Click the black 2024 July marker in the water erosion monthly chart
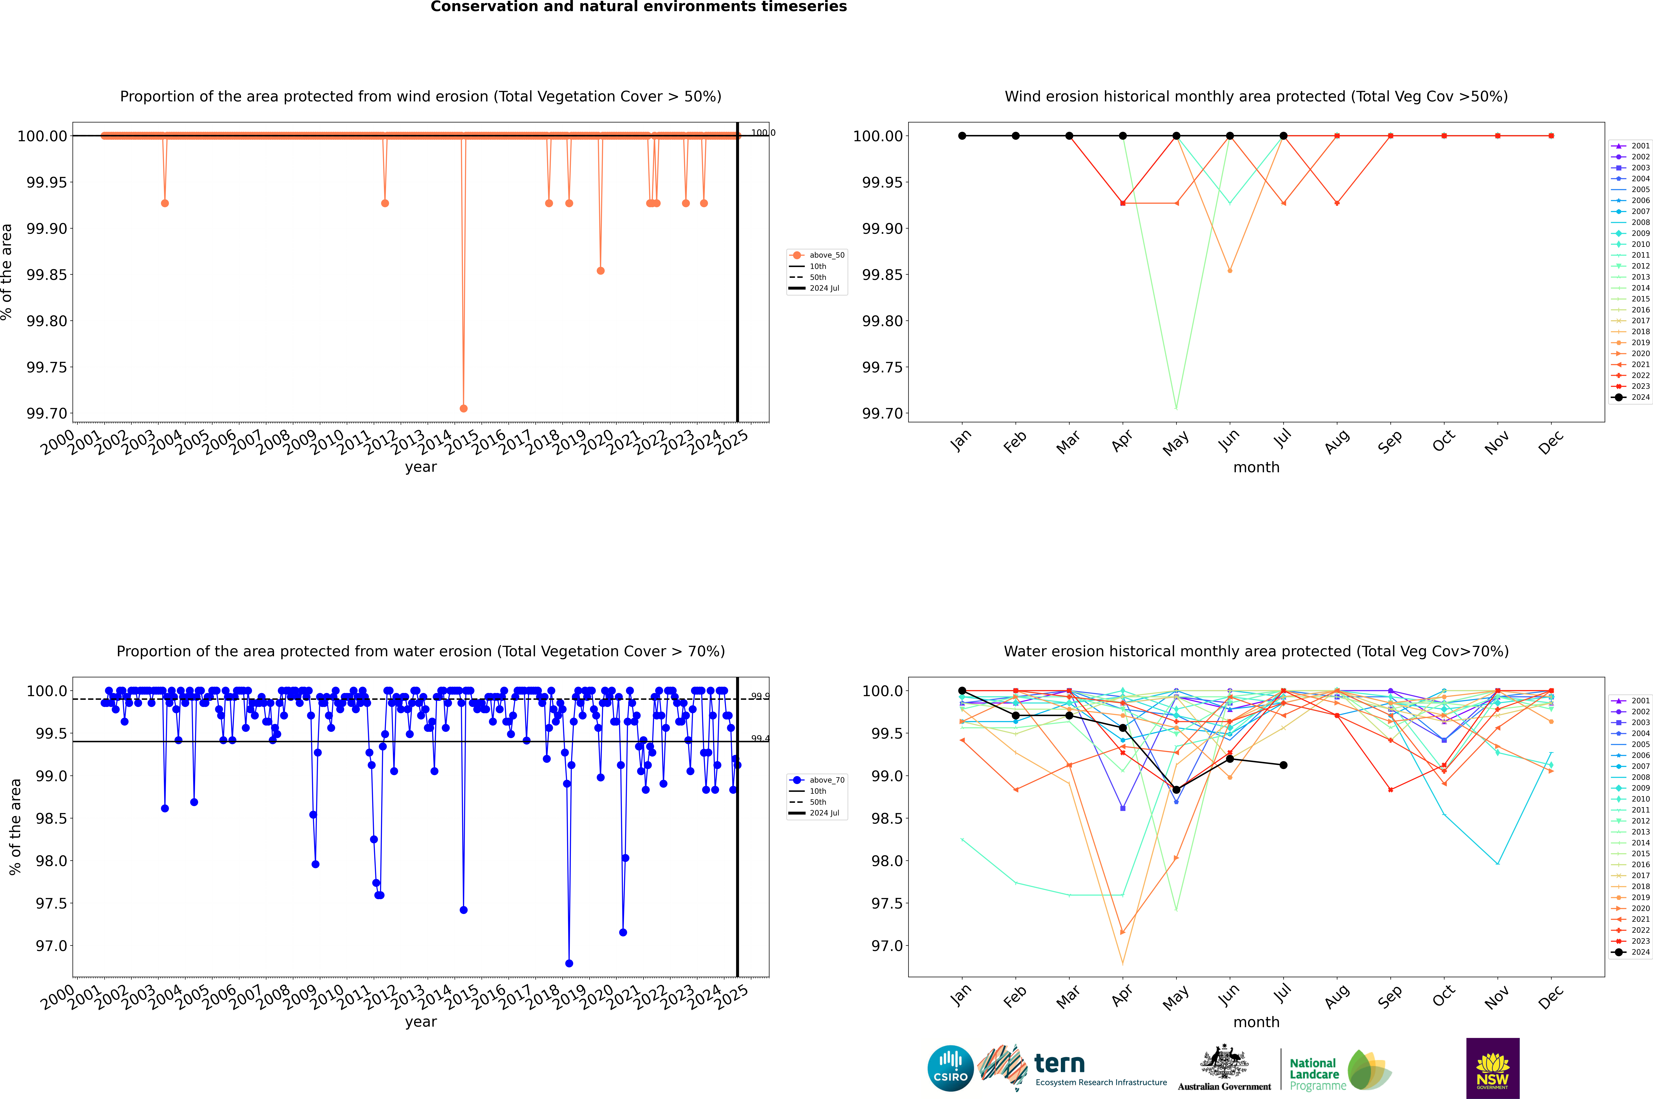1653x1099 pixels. point(1283,765)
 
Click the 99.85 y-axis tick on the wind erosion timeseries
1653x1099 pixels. point(46,275)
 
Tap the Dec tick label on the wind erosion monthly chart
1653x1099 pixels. point(1550,442)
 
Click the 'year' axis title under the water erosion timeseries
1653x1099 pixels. point(420,1022)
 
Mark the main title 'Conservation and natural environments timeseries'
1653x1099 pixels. point(638,7)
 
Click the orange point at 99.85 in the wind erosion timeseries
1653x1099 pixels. point(600,270)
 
